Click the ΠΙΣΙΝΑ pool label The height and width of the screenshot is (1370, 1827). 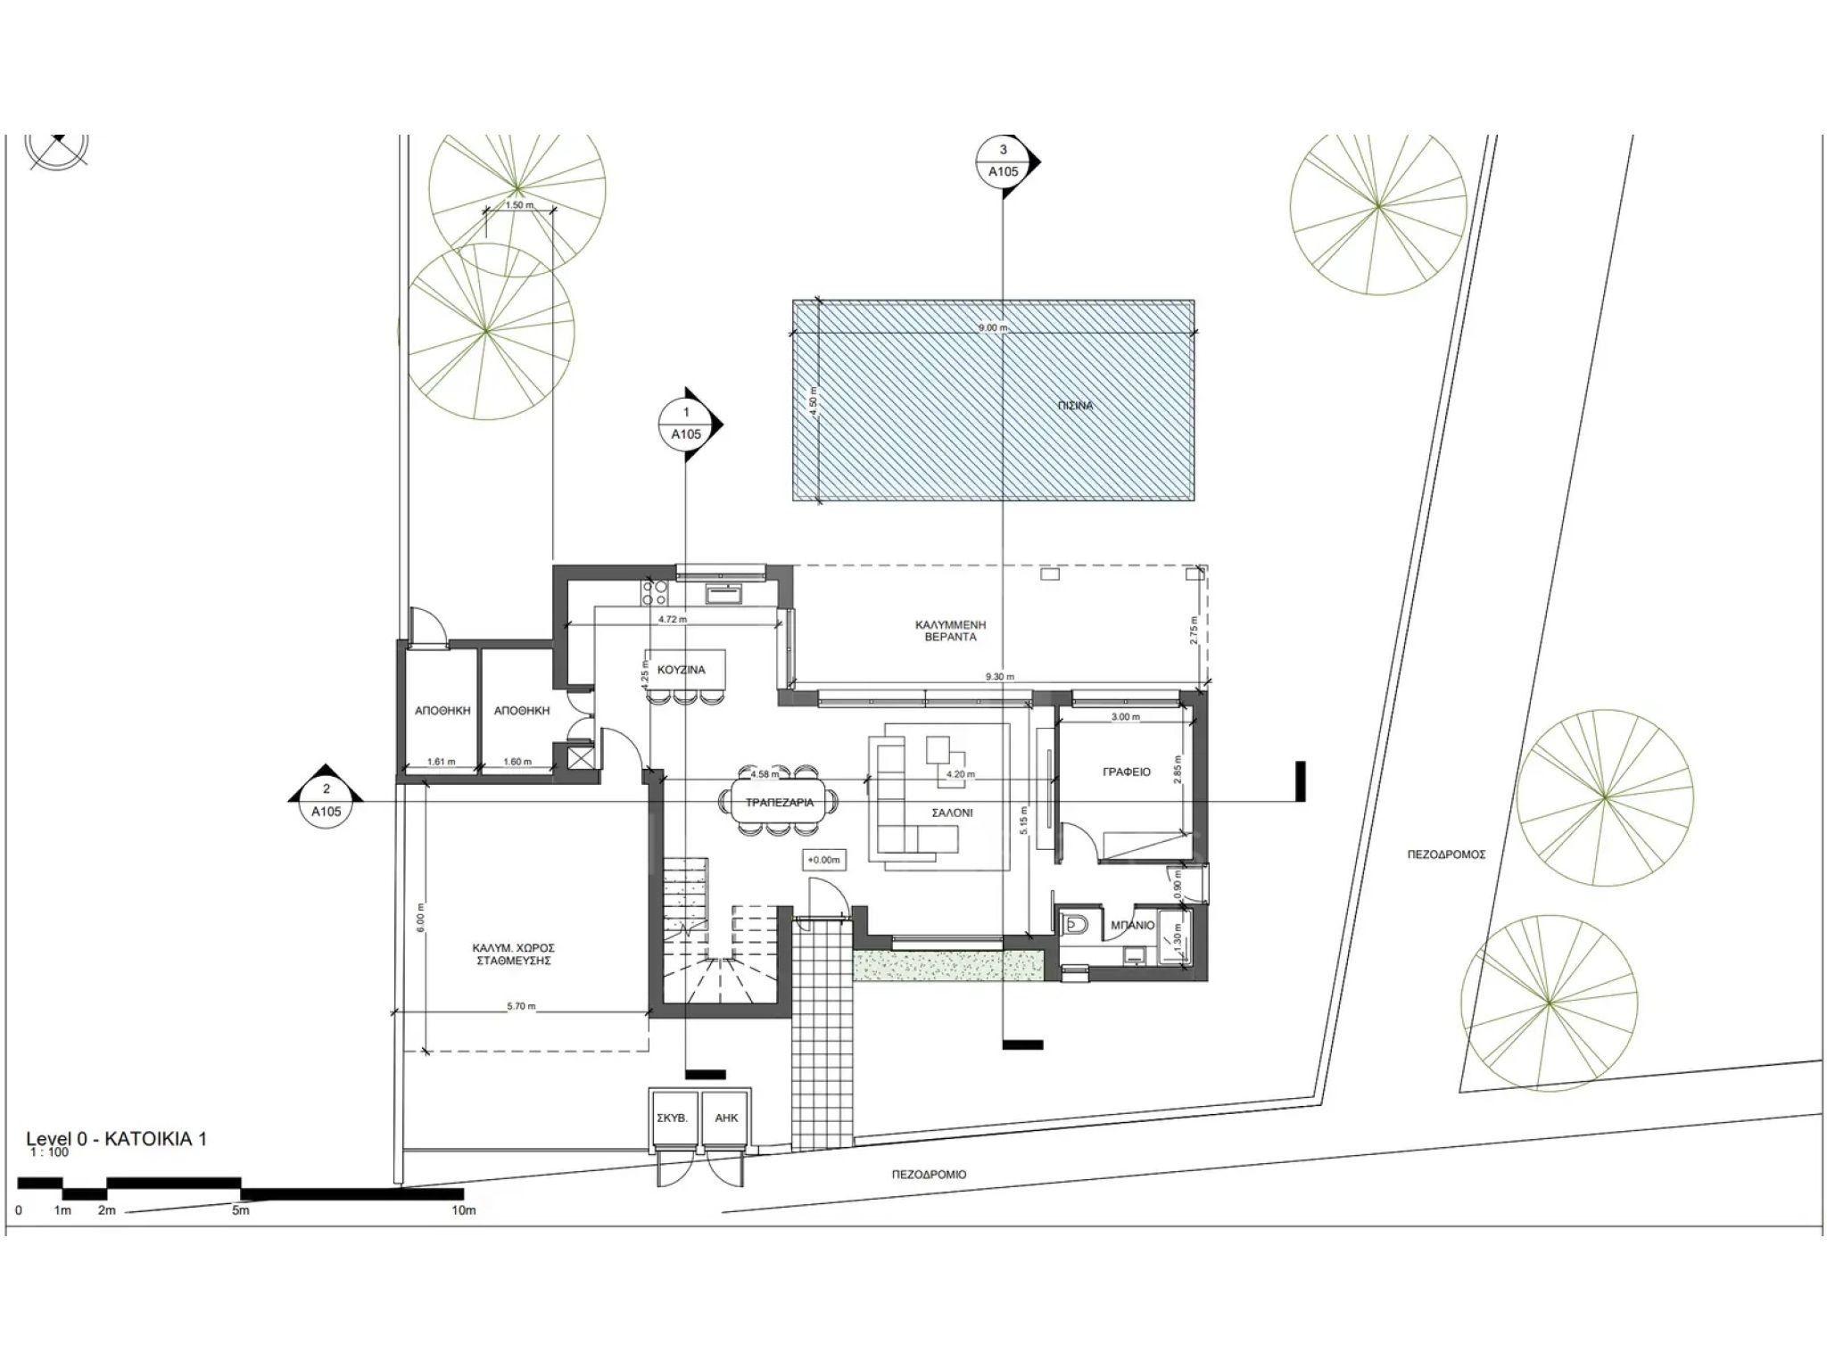coord(1077,406)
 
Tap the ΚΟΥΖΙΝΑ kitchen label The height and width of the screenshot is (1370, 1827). coord(682,670)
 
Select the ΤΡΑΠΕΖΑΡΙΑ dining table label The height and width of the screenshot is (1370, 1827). coord(780,803)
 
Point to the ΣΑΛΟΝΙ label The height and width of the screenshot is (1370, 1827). coord(952,813)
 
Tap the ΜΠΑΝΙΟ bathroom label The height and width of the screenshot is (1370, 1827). coord(1133,925)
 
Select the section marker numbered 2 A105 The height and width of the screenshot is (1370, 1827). coord(327,800)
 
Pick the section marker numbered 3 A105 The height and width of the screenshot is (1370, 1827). coord(1004,161)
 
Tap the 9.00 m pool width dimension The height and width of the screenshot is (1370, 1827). coord(993,327)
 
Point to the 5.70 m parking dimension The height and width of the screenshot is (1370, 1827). coord(521,1007)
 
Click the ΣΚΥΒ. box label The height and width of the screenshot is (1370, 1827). coord(672,1118)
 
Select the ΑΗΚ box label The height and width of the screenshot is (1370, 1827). coord(726,1118)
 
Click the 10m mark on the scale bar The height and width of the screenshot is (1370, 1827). coord(463,1210)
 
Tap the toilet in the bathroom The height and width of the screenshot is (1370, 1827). coord(1074,925)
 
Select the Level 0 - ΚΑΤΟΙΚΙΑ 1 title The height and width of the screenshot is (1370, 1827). coord(117,1139)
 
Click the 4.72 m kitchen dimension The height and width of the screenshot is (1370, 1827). coord(672,619)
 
